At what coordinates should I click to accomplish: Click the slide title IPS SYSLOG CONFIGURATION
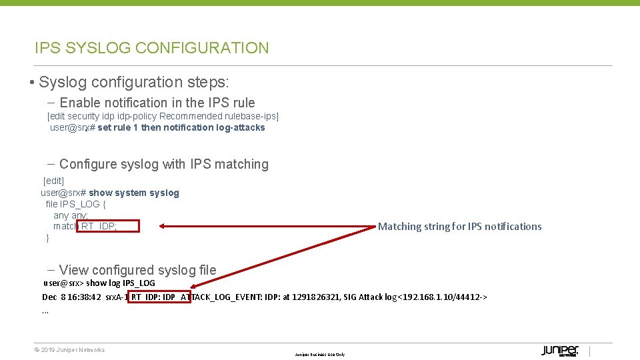point(152,48)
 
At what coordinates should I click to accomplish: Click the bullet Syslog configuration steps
point(133,83)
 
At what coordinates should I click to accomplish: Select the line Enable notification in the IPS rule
point(157,103)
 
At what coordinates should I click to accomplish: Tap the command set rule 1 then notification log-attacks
point(181,127)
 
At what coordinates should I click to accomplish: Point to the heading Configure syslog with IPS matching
point(163,164)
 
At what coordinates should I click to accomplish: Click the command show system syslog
point(133,193)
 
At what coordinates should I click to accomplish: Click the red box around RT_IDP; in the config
point(108,226)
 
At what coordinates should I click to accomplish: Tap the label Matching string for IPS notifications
point(459,227)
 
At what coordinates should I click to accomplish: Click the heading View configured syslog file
point(137,270)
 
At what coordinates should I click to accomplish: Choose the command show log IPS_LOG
point(121,283)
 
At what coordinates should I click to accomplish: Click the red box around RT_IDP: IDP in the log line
point(159,297)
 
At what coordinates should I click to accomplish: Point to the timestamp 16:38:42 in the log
point(85,297)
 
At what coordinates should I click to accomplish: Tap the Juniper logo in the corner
point(560,351)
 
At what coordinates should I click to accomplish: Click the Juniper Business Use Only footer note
point(320,355)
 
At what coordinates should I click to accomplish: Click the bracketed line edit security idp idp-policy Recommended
point(163,116)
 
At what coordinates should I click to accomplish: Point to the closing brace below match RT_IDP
point(47,237)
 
